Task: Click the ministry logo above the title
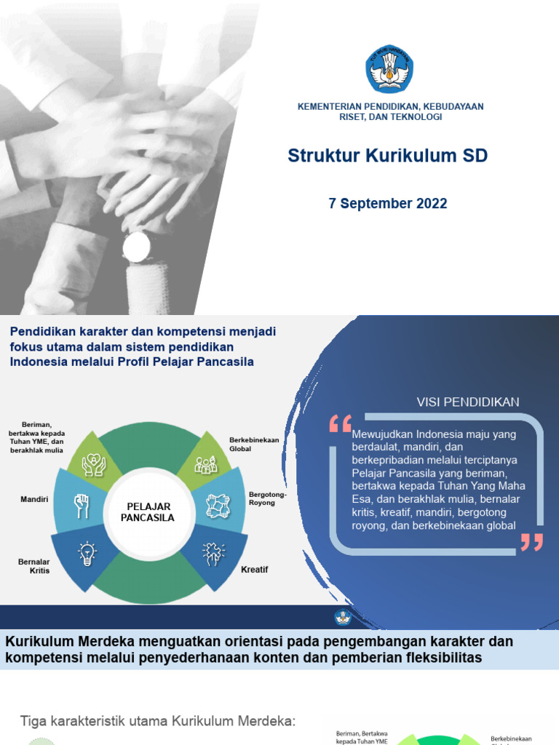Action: [389, 68]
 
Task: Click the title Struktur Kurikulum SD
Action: [387, 156]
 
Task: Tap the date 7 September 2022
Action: [388, 204]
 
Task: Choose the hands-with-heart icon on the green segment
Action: [94, 463]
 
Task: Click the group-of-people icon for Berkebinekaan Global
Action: [206, 463]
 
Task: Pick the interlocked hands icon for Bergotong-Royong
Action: [217, 506]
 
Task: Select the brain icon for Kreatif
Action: [214, 553]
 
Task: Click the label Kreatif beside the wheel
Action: [255, 570]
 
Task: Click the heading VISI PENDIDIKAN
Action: [467, 402]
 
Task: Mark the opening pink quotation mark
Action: [340, 423]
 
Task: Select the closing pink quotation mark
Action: [531, 542]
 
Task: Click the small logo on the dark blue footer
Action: [343, 617]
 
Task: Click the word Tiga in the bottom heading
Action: [33, 721]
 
